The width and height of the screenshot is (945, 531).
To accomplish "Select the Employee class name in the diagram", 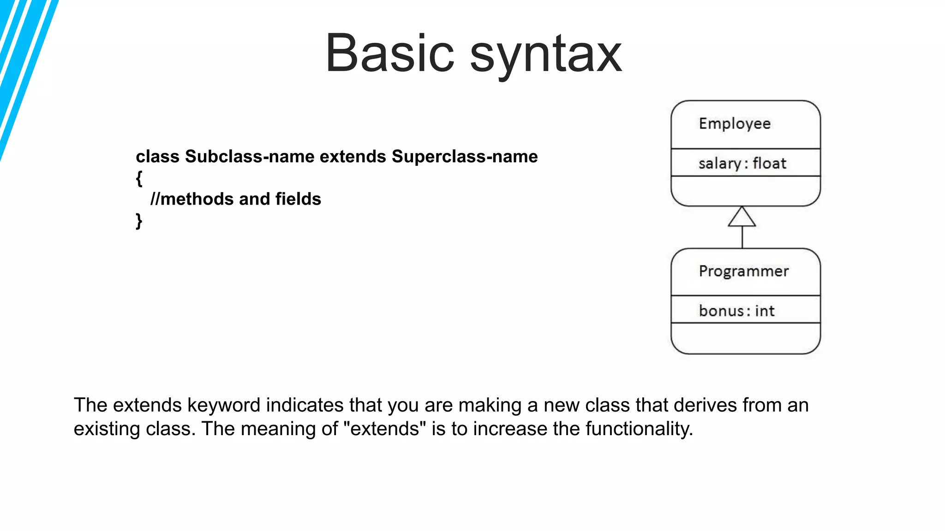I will pyautogui.click(x=735, y=124).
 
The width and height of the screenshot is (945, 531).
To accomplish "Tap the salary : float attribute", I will pyautogui.click(x=742, y=163).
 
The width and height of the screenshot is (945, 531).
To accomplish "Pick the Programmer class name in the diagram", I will pyautogui.click(x=743, y=271).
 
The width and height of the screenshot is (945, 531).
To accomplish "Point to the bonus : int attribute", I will pyautogui.click(x=736, y=311).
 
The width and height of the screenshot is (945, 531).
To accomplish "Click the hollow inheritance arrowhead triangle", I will pyautogui.click(x=742, y=218).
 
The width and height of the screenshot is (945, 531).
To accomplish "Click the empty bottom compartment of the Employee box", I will pyautogui.click(x=745, y=190).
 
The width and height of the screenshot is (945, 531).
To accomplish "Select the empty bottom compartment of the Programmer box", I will pyautogui.click(x=745, y=338).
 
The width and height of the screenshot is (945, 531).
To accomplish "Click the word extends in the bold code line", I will pyautogui.click(x=353, y=157).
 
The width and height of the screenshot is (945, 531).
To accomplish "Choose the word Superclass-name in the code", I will pyautogui.click(x=465, y=157).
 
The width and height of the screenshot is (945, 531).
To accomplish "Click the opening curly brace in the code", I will pyautogui.click(x=139, y=178).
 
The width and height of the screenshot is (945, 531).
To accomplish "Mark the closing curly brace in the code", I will pyautogui.click(x=139, y=221).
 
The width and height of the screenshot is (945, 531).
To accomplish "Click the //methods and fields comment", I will pyautogui.click(x=236, y=199).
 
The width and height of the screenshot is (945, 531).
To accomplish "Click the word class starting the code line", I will pyautogui.click(x=157, y=157).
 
